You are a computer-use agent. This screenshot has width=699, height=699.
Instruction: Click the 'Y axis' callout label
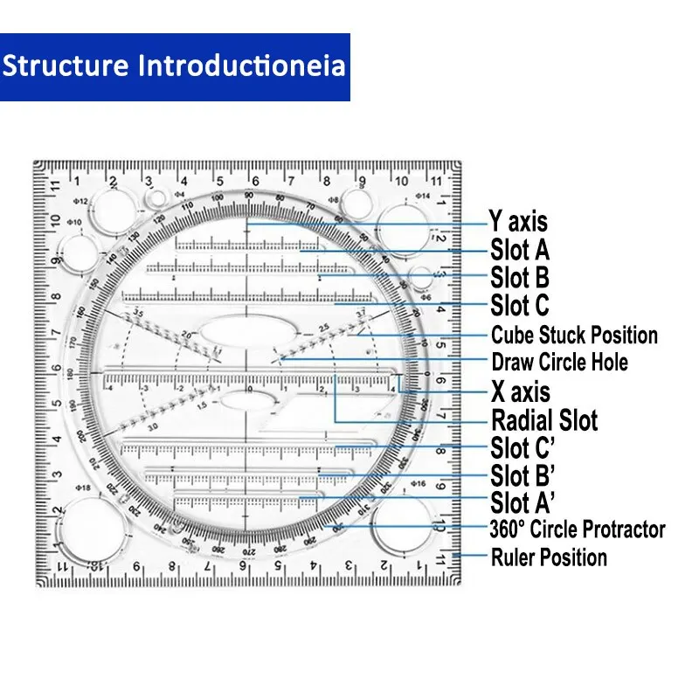click(519, 222)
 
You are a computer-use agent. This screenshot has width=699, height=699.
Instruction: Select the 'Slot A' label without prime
click(520, 250)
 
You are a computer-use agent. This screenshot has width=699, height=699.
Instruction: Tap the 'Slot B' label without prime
click(520, 278)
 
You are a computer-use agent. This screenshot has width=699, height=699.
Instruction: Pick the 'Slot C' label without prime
click(520, 306)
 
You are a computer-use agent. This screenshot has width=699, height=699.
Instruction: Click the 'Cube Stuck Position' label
click(574, 335)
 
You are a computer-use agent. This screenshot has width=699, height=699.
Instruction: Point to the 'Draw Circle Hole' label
click(559, 362)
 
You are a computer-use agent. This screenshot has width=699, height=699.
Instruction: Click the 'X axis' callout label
click(521, 391)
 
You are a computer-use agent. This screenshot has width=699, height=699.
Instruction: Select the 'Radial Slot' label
click(544, 420)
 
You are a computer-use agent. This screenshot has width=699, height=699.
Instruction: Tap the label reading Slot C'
click(523, 448)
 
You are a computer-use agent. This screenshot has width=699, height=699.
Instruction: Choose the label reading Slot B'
click(523, 476)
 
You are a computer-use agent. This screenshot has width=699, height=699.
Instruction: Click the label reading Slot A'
click(523, 503)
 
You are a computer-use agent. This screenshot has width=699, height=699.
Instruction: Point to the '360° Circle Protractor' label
click(578, 529)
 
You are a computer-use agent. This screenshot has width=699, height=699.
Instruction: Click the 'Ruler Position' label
click(549, 557)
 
